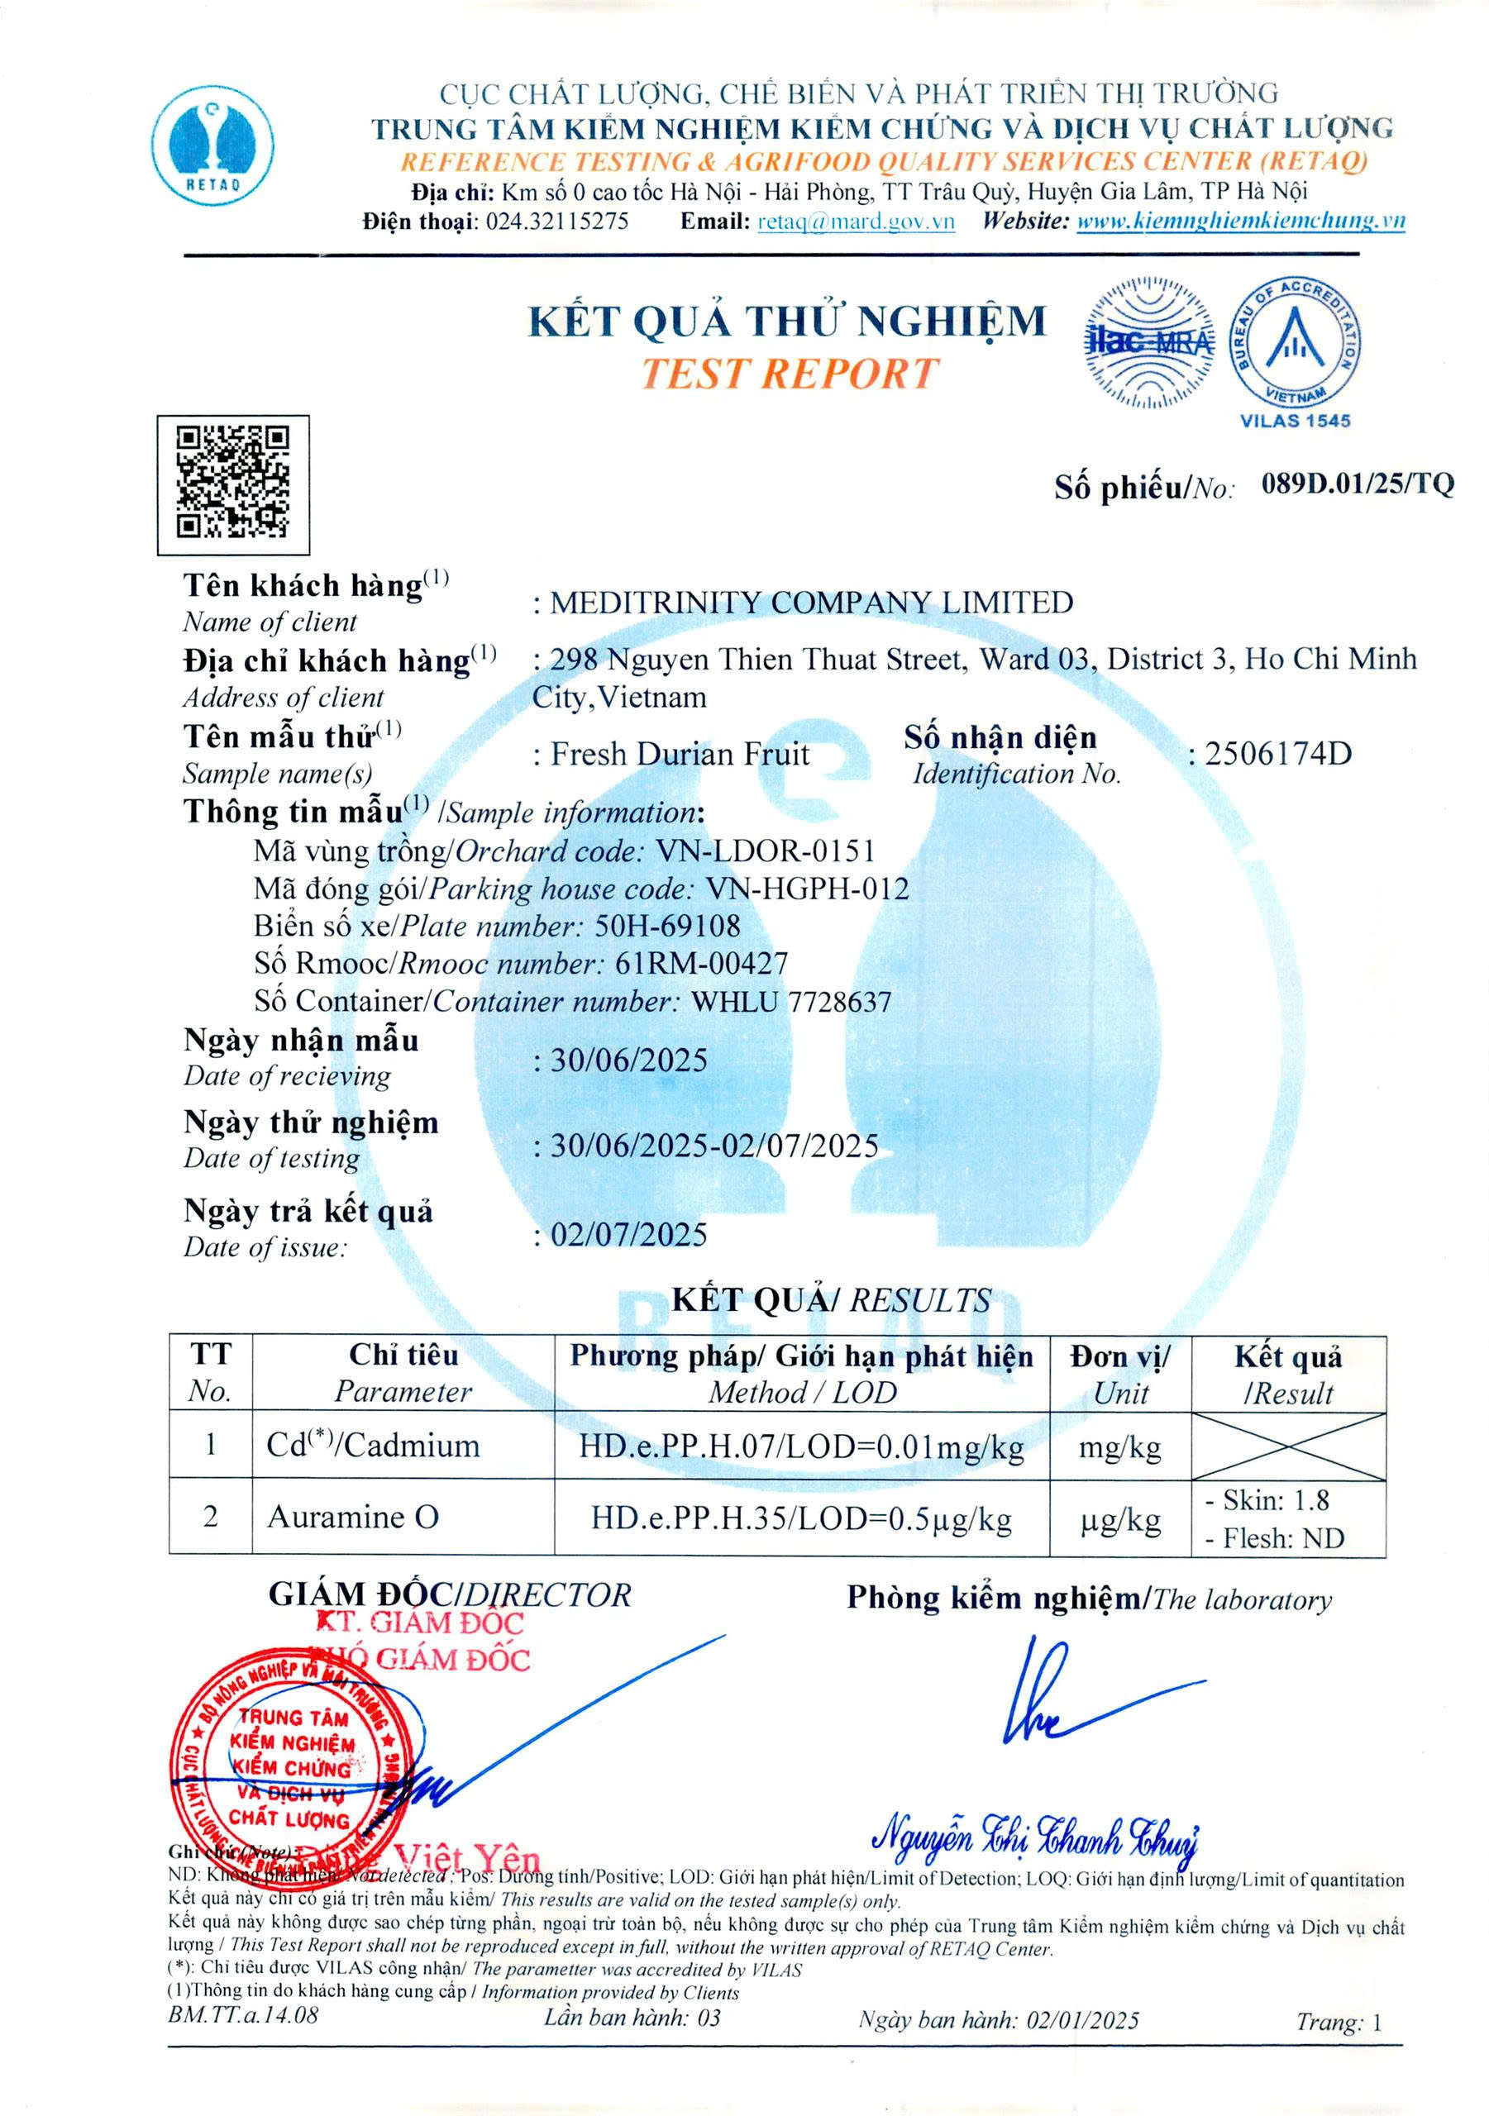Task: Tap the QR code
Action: [232, 484]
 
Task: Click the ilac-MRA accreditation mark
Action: [1148, 342]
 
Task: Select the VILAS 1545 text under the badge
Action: [1295, 422]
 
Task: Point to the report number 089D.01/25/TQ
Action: [1358, 483]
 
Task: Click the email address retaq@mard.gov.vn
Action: [855, 222]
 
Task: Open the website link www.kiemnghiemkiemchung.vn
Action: [1240, 222]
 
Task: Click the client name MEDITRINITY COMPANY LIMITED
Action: [811, 603]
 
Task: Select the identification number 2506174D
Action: [1278, 754]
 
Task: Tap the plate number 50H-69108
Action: [666, 925]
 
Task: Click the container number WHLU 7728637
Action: [791, 1001]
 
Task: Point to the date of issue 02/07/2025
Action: [629, 1234]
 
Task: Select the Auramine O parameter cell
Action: [353, 1516]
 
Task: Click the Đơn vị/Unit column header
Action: [1119, 1373]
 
